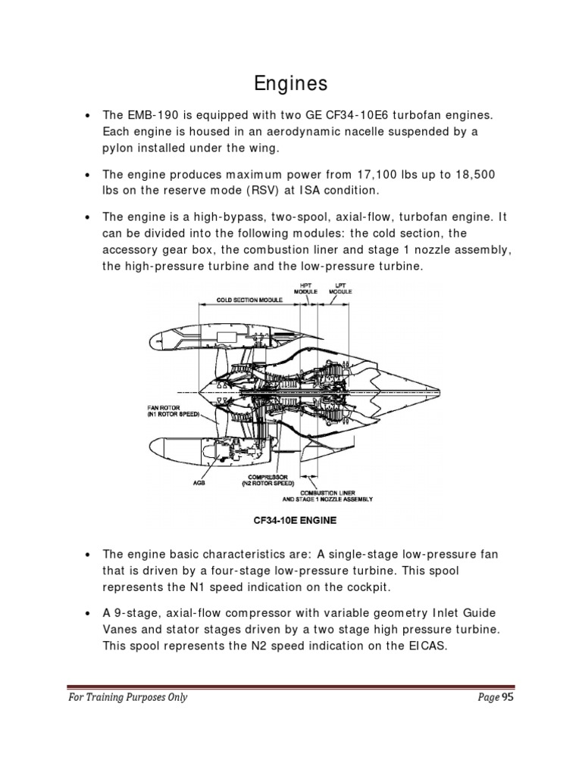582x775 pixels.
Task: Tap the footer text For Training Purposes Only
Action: [x=125, y=698]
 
